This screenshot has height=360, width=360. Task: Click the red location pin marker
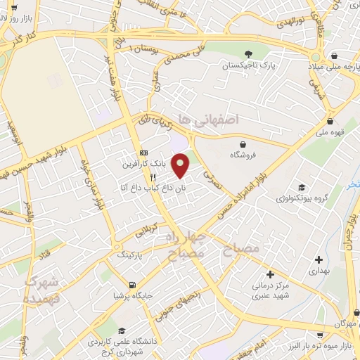(x=181, y=165)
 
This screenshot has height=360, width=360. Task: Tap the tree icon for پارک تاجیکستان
(x=248, y=54)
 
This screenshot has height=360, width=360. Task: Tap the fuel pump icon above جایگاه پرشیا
(x=132, y=285)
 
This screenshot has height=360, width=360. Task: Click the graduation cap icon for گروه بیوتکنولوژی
(x=302, y=187)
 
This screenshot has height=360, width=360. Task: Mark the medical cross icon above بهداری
(x=320, y=259)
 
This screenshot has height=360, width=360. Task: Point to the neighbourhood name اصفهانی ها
(x=210, y=120)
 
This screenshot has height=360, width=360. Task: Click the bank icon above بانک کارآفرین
(x=144, y=153)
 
